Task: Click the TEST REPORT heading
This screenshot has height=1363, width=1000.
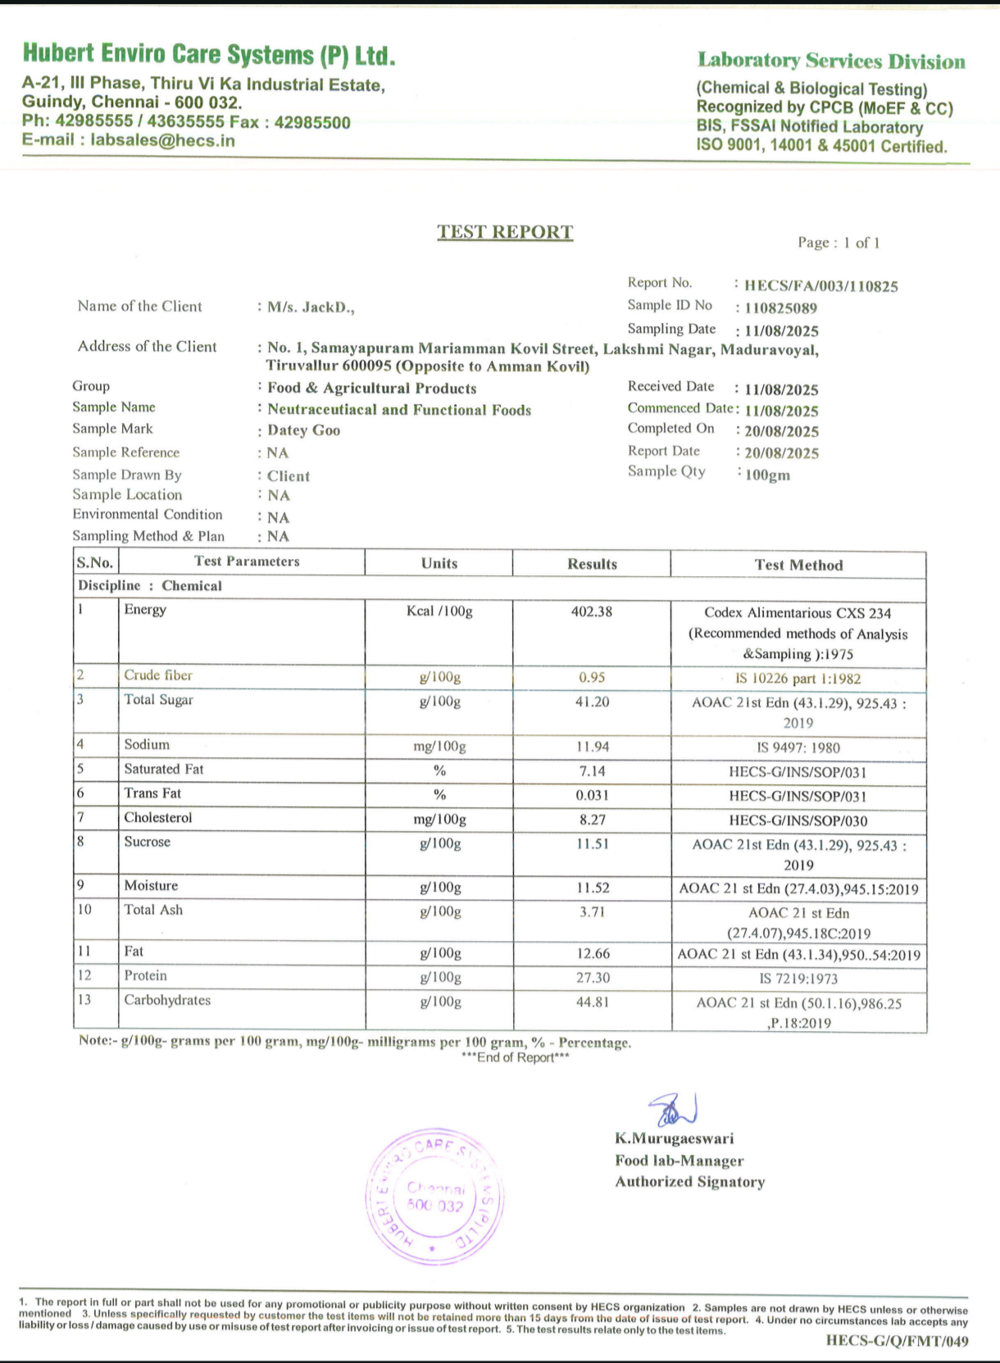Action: click(x=505, y=232)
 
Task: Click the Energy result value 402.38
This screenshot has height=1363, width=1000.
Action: click(x=592, y=611)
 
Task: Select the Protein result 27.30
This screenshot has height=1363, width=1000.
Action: click(x=592, y=978)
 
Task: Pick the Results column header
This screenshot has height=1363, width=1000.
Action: click(x=592, y=564)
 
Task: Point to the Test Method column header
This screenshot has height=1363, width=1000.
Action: click(x=798, y=565)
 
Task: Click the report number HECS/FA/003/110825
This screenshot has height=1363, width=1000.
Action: click(x=820, y=286)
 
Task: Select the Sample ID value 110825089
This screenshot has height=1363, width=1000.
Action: click(x=781, y=308)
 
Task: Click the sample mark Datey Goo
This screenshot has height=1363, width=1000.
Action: click(x=303, y=430)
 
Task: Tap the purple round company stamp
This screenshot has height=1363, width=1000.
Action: click(x=434, y=1197)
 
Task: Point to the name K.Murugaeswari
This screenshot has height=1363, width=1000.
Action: click(x=675, y=1138)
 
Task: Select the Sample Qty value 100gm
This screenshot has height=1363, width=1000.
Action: click(x=768, y=475)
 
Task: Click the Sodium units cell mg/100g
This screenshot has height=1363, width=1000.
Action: click(x=439, y=747)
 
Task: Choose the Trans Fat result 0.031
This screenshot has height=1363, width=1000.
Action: click(x=592, y=795)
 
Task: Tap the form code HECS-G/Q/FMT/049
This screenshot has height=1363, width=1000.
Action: click(x=897, y=1341)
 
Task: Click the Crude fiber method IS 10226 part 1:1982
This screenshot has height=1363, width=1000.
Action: click(x=798, y=679)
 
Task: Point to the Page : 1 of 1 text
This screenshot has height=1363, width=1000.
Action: click(x=839, y=243)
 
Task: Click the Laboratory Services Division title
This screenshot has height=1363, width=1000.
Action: click(x=831, y=61)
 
